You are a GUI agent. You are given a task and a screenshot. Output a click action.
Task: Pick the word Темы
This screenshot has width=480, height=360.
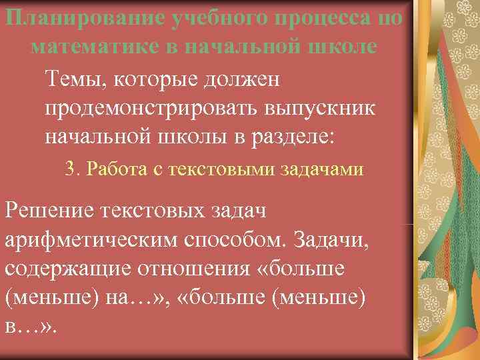(x=75, y=79)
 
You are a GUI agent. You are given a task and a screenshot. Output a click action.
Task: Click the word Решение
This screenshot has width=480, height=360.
(x=47, y=211)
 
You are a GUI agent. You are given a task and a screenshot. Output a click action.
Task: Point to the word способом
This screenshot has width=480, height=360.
(x=237, y=240)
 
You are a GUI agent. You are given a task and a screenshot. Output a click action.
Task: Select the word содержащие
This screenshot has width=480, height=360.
(x=63, y=269)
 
